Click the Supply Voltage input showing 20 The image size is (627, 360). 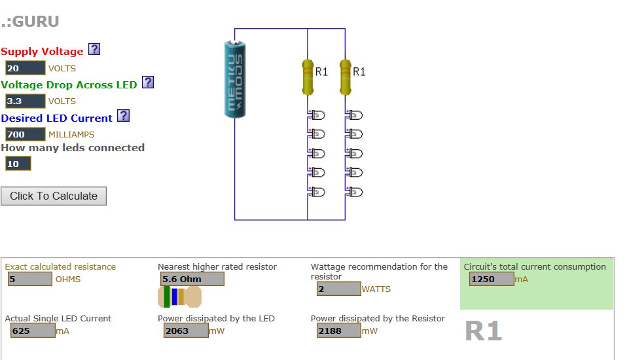25,68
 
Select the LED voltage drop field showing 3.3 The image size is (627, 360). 25,101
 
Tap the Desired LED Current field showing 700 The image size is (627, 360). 25,135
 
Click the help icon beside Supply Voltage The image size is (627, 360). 94,50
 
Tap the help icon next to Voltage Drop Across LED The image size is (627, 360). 148,82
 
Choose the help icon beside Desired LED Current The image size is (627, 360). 123,116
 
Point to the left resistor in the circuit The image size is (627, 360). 308,76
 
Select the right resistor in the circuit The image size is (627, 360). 346,76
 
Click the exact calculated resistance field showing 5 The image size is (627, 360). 29,279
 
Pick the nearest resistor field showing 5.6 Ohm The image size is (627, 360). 190,279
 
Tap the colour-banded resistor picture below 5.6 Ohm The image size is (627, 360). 179,297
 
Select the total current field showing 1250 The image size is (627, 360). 491,279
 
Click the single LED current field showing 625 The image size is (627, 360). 32,331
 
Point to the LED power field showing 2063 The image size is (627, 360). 185,331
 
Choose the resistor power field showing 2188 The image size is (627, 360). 338,331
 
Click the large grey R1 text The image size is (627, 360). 483,332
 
